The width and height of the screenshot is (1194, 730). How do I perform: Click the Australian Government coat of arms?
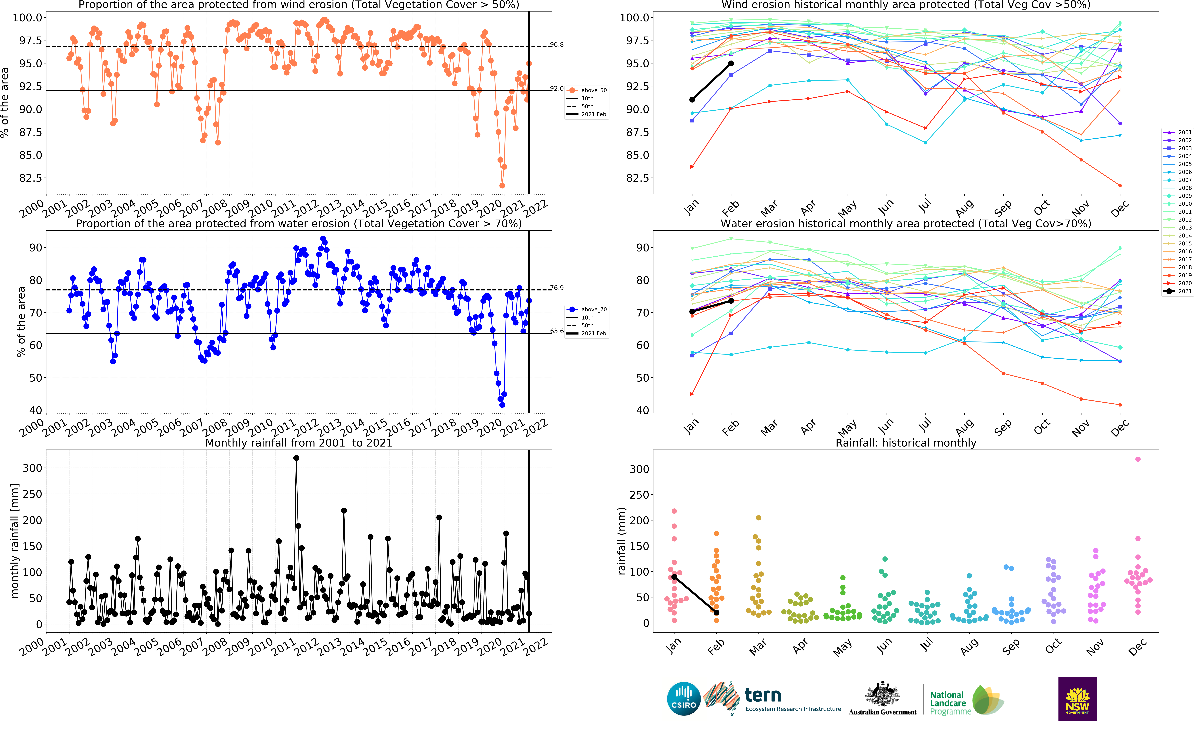coord(882,694)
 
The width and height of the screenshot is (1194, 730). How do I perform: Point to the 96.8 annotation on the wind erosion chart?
coord(557,45)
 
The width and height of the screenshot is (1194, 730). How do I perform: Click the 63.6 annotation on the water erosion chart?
coord(557,331)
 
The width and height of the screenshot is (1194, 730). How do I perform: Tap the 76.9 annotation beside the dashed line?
coord(557,288)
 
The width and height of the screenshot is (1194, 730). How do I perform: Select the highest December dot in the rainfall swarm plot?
coord(1138,459)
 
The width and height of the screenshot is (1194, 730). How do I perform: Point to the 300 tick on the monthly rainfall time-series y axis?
coord(32,468)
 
